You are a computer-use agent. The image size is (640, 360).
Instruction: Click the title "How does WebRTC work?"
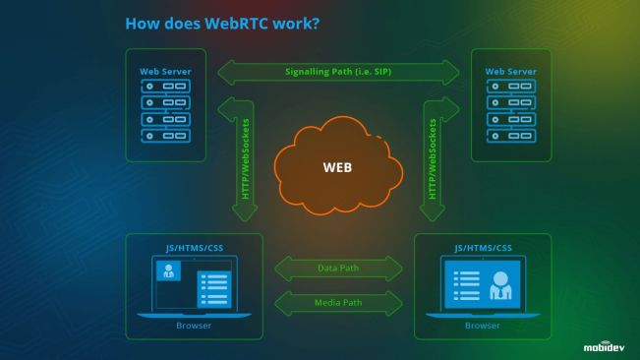point(222,22)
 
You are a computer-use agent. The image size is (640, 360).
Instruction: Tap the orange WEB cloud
point(336,166)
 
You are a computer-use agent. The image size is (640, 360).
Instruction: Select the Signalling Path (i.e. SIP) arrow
point(339,72)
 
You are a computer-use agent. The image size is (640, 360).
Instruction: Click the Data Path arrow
point(339,268)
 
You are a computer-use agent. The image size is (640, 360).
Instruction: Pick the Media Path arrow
point(339,302)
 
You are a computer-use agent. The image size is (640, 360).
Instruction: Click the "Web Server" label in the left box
point(165,72)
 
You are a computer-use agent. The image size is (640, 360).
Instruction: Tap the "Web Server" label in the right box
point(511,72)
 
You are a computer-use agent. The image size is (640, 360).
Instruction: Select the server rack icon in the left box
point(165,111)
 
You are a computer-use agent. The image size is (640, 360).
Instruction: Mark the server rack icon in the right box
point(511,111)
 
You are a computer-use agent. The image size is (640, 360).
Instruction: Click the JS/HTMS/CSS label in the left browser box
point(195,247)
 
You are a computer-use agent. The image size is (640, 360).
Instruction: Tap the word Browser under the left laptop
point(194,326)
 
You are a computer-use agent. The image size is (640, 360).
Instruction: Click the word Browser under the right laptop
point(483,326)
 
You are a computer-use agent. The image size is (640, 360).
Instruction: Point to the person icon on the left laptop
point(168,271)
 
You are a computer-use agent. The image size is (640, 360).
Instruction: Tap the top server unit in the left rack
point(165,87)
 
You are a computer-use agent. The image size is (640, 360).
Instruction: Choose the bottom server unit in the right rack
point(511,136)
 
